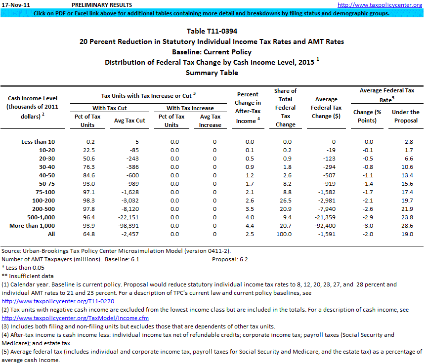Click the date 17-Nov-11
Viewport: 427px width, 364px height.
16,5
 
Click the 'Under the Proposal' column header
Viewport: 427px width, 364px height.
406,116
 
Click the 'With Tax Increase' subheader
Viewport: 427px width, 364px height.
190,108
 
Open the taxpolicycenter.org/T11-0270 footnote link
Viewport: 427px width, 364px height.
58,300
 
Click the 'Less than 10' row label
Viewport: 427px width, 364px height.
38,142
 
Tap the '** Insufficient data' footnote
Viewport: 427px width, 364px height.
28,276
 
